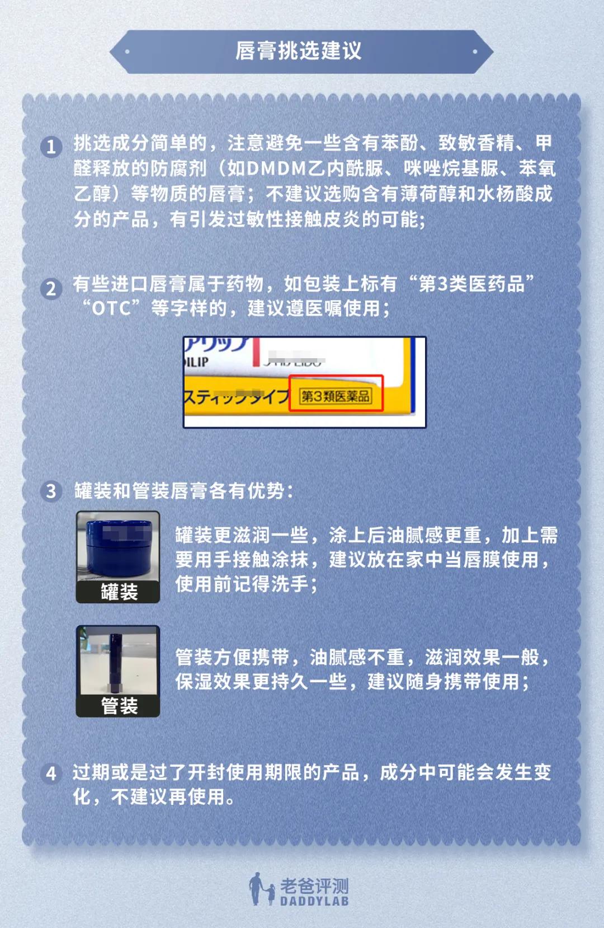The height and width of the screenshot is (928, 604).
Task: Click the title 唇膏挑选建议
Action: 298,51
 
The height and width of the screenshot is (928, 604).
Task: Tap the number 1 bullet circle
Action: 51,147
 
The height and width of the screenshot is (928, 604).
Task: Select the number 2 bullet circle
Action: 51,288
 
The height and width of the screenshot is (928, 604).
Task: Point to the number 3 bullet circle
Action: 51,491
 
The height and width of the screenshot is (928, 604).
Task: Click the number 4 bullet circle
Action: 51,774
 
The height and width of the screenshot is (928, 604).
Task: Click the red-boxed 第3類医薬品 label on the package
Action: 336,396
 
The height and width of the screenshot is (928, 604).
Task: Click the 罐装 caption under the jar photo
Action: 119,592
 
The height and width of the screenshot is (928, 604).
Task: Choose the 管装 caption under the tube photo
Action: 119,706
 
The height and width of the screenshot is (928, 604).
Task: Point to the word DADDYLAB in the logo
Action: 314,901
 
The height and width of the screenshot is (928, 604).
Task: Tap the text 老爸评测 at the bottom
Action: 314,886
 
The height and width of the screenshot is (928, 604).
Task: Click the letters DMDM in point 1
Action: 276,168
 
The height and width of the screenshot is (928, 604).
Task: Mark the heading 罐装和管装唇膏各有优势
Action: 183,491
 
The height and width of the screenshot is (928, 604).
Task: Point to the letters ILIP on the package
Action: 196,362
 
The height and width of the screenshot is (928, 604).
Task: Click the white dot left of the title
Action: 127,51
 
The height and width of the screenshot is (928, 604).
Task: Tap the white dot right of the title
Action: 475,51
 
